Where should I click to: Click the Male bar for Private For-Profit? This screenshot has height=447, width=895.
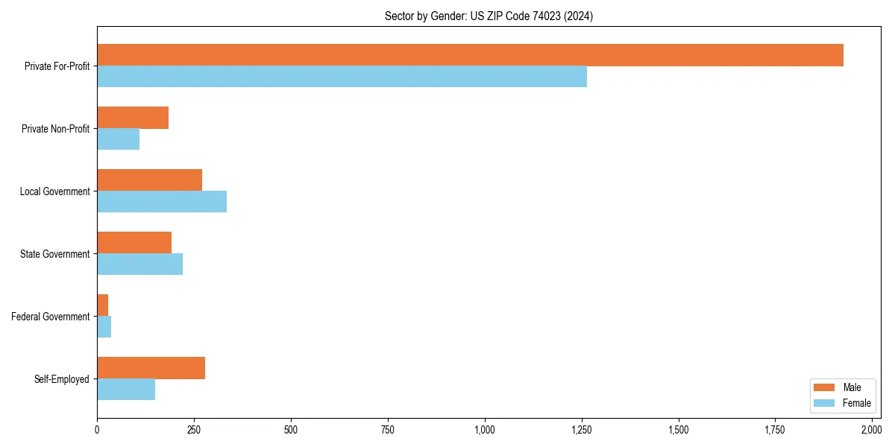[x=470, y=55]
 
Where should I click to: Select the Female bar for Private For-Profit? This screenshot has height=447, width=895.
[x=342, y=76]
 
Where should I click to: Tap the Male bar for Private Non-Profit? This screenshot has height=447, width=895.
[x=133, y=118]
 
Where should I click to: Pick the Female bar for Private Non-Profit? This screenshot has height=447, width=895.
[x=118, y=139]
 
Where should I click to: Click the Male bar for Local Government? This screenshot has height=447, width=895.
[x=149, y=180]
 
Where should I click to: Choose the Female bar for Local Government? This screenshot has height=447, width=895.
[x=162, y=201]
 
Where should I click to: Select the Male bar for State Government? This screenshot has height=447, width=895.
[x=134, y=243]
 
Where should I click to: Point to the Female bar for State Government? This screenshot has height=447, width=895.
[x=139, y=264]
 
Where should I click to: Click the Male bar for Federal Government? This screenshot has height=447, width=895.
[x=102, y=305]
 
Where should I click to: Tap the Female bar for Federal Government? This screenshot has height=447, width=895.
[x=104, y=326]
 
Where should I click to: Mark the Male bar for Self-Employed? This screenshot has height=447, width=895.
[x=151, y=368]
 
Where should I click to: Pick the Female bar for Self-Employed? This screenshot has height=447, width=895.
[x=126, y=389]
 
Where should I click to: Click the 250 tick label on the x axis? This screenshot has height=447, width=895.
[x=194, y=430]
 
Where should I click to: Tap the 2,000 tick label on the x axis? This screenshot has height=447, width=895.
[x=872, y=430]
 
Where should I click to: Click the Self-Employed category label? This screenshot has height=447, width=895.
[x=62, y=379]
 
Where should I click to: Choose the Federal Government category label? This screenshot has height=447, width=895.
[x=51, y=317]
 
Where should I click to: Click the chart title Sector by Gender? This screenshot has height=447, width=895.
[x=489, y=16]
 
